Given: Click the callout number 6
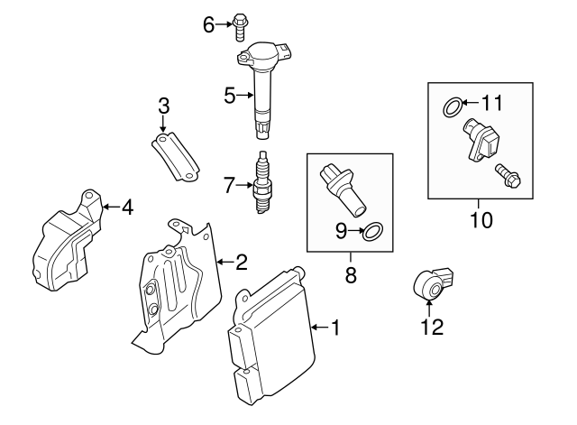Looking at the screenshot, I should coord(208,24).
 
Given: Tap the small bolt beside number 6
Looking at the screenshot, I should coord(241,25).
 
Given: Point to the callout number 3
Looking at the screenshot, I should coord(163,106).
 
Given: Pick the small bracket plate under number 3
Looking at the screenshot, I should coord(175,155).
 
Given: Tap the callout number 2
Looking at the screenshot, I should coord(241,263).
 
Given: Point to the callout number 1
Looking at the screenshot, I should coord(335,328).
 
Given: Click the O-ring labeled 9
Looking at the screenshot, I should coord(373,232).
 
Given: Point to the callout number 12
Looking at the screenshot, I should coord(432,328).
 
